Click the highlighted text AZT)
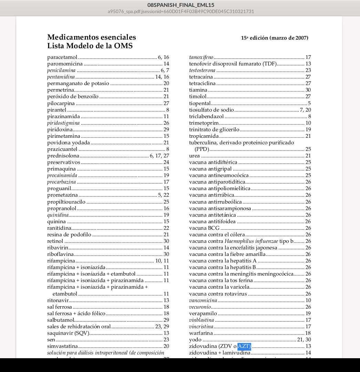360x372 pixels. click(x=244, y=346)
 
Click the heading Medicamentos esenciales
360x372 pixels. click(x=92, y=37)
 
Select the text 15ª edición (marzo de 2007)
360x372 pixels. click(x=275, y=38)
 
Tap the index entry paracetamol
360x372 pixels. click(x=62, y=57)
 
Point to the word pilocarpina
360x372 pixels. click(x=61, y=103)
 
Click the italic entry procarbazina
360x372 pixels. click(x=61, y=182)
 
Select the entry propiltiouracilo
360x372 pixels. click(x=66, y=202)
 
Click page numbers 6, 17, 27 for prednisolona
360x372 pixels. click(x=160, y=156)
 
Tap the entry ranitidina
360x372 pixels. click(x=59, y=228)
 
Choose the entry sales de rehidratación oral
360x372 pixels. click(x=79, y=327)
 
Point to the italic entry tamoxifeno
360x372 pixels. click(x=201, y=57)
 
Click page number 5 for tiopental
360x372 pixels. click(x=309, y=103)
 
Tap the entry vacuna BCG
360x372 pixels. click(x=204, y=228)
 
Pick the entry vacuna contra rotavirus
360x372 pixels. click(x=218, y=294)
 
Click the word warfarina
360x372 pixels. click(x=201, y=333)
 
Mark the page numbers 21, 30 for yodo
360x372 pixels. click(x=304, y=340)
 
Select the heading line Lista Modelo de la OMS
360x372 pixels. click(x=90, y=46)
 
